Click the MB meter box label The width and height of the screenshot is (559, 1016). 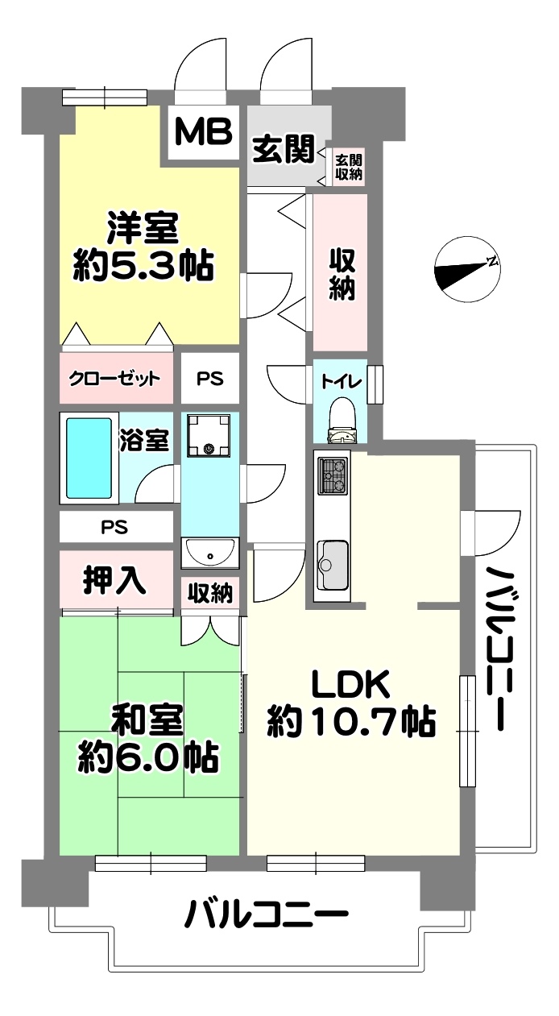click(x=203, y=131)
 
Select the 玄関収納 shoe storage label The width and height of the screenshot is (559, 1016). click(x=349, y=167)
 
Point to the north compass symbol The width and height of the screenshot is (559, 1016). click(x=467, y=268)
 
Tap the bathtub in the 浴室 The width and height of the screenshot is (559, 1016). click(x=89, y=458)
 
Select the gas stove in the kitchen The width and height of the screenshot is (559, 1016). click(x=333, y=475)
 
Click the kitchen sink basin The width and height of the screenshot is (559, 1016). click(x=333, y=564)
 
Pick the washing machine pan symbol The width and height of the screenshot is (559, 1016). click(x=209, y=435)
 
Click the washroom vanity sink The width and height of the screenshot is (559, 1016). click(x=210, y=553)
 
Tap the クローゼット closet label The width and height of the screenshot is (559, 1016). click(x=114, y=378)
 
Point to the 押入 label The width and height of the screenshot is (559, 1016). click(x=114, y=579)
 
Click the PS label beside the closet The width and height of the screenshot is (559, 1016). click(x=210, y=378)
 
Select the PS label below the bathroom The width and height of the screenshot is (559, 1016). click(x=114, y=527)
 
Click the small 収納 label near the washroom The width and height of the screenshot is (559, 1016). click(x=210, y=593)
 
